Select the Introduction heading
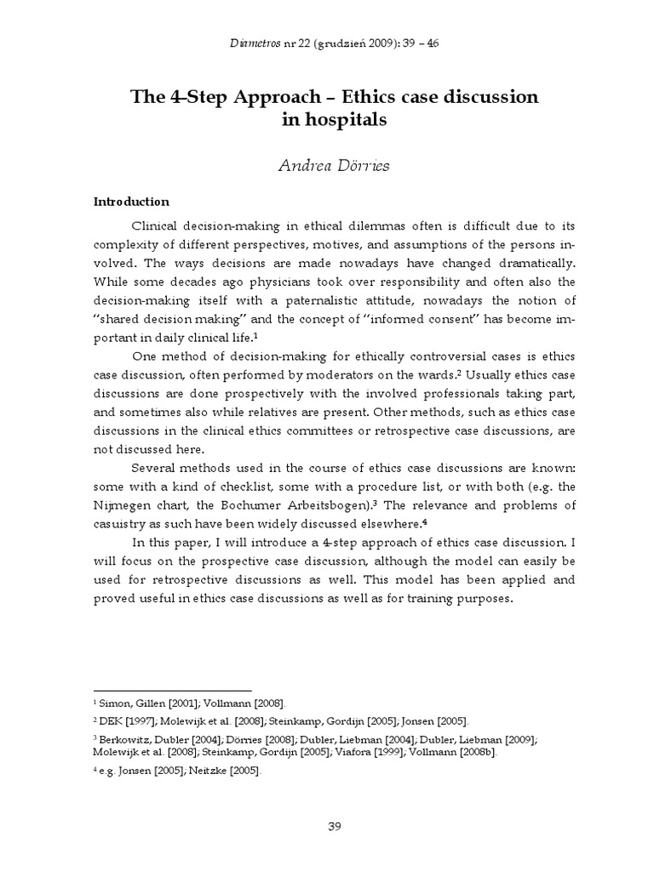click(x=131, y=202)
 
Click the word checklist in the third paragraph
click(x=215, y=487)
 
